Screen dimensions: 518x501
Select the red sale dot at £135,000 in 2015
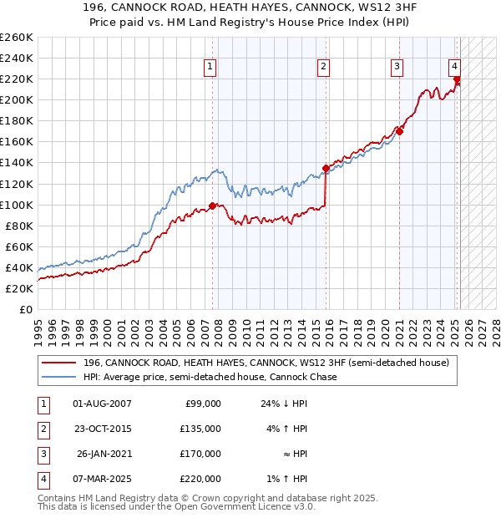pyautogui.click(x=326, y=168)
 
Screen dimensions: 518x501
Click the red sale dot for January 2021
pyautogui.click(x=400, y=131)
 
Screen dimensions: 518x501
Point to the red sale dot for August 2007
pyautogui.click(x=213, y=206)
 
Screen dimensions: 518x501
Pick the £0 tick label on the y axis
pyautogui.click(x=26, y=309)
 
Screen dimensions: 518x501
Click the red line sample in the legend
pyautogui.click(x=58, y=363)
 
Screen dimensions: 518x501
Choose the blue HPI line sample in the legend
pyautogui.click(x=58, y=377)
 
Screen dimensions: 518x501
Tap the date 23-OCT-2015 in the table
pyautogui.click(x=102, y=429)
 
